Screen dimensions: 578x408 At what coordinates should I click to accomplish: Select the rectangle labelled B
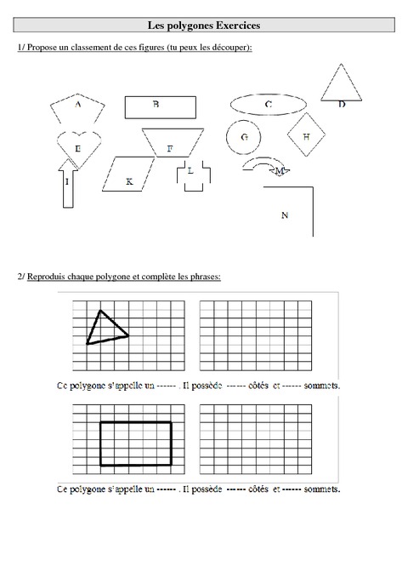[161, 106]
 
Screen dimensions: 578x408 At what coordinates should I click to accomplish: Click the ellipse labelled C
[268, 105]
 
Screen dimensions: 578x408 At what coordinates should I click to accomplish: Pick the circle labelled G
[243, 137]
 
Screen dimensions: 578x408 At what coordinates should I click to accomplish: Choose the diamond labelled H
[306, 135]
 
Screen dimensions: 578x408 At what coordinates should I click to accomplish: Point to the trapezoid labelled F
[170, 142]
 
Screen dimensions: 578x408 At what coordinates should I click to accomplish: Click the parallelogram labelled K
[129, 175]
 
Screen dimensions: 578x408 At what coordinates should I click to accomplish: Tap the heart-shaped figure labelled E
[79, 145]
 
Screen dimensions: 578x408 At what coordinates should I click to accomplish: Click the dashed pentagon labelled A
[78, 108]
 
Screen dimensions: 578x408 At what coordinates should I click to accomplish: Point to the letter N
[285, 215]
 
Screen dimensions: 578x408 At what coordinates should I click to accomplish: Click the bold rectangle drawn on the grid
[135, 443]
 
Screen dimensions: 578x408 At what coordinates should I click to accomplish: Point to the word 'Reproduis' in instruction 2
[48, 278]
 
